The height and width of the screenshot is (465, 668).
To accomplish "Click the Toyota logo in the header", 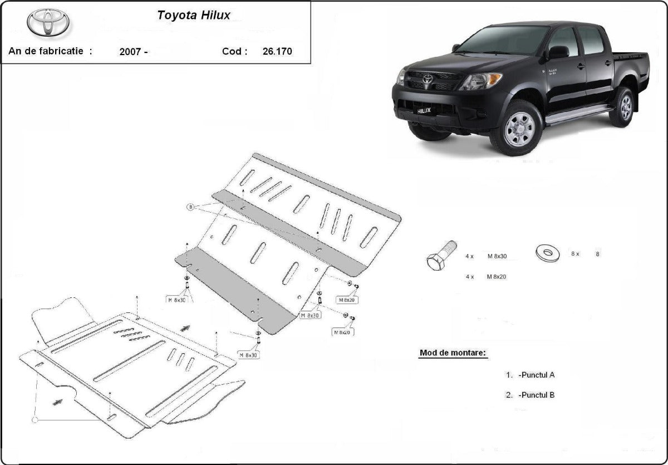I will [x=48, y=22].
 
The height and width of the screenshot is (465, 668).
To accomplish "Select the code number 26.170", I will [x=277, y=52].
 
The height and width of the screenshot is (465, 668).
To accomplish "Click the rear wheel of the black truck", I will [x=623, y=107].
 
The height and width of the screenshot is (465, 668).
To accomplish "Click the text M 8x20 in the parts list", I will [x=497, y=276].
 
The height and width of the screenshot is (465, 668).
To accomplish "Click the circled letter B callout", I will [x=190, y=207].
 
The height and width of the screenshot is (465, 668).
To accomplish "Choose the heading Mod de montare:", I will [x=453, y=353].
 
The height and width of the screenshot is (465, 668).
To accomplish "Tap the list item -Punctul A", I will [x=536, y=375].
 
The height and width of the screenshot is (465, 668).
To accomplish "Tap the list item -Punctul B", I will [x=536, y=395].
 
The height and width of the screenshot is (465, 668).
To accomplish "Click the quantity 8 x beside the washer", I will [x=575, y=253].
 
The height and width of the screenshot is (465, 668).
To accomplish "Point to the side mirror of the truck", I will [x=558, y=52].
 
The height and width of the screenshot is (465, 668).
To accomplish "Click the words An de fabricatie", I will [x=46, y=51].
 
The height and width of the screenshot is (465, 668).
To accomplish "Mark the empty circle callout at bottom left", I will [x=36, y=419].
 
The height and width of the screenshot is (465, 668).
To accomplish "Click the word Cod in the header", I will [x=233, y=51].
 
